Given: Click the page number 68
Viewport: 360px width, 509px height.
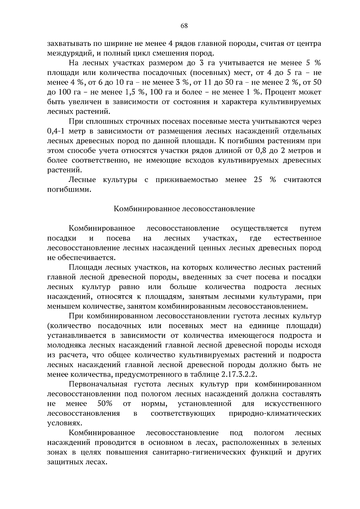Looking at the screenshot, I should [x=184, y=26].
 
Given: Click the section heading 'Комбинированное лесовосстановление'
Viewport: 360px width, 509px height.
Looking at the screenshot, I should [x=184, y=209].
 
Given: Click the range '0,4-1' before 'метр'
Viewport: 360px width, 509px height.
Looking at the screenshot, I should [x=57, y=131].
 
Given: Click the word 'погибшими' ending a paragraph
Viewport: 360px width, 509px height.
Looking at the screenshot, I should [x=69, y=190].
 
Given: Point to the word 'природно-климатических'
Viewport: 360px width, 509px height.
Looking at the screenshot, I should [x=275, y=414].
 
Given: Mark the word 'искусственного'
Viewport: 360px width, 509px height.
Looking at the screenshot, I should [x=293, y=404].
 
